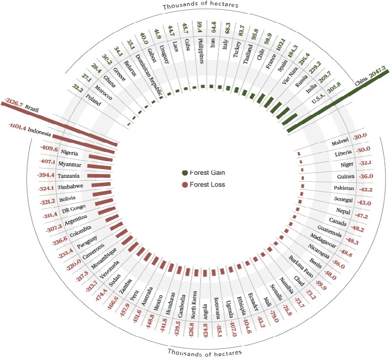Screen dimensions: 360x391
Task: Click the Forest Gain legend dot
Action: click(x=185, y=173)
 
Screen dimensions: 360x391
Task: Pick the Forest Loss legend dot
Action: click(x=185, y=185)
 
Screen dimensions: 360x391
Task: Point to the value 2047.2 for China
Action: click(x=379, y=75)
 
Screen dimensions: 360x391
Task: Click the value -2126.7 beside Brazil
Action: click(x=13, y=103)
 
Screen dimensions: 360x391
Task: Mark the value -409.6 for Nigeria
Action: click(x=49, y=149)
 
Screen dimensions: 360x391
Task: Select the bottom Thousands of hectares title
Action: click(x=205, y=352)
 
